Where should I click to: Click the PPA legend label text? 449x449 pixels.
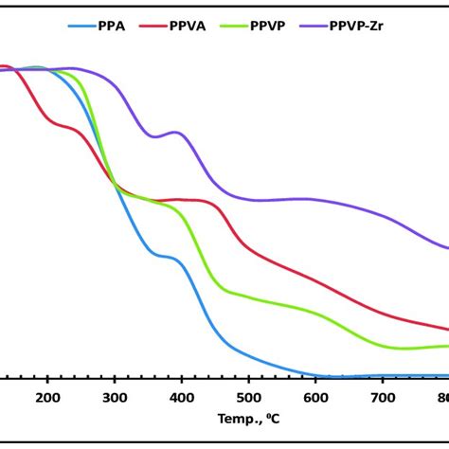coord(112,27)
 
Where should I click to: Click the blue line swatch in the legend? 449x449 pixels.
coord(81,27)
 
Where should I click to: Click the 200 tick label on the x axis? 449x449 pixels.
coord(47,398)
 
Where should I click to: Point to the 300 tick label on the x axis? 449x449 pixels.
coord(115,398)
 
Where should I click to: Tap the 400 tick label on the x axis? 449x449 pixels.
coord(182,398)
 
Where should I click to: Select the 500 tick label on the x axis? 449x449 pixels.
coord(248,398)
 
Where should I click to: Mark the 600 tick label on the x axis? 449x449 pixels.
coord(315,398)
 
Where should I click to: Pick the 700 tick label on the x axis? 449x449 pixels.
coord(383,398)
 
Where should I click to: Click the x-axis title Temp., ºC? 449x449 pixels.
coord(248,419)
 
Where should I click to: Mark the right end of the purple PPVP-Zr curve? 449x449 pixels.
coord(446,248)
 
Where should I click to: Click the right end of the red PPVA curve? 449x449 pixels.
coord(446,329)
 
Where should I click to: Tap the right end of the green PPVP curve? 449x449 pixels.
coord(446,346)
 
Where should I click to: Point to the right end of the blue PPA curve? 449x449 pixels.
coord(446,375)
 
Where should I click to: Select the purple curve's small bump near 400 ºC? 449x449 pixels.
coord(176,133)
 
